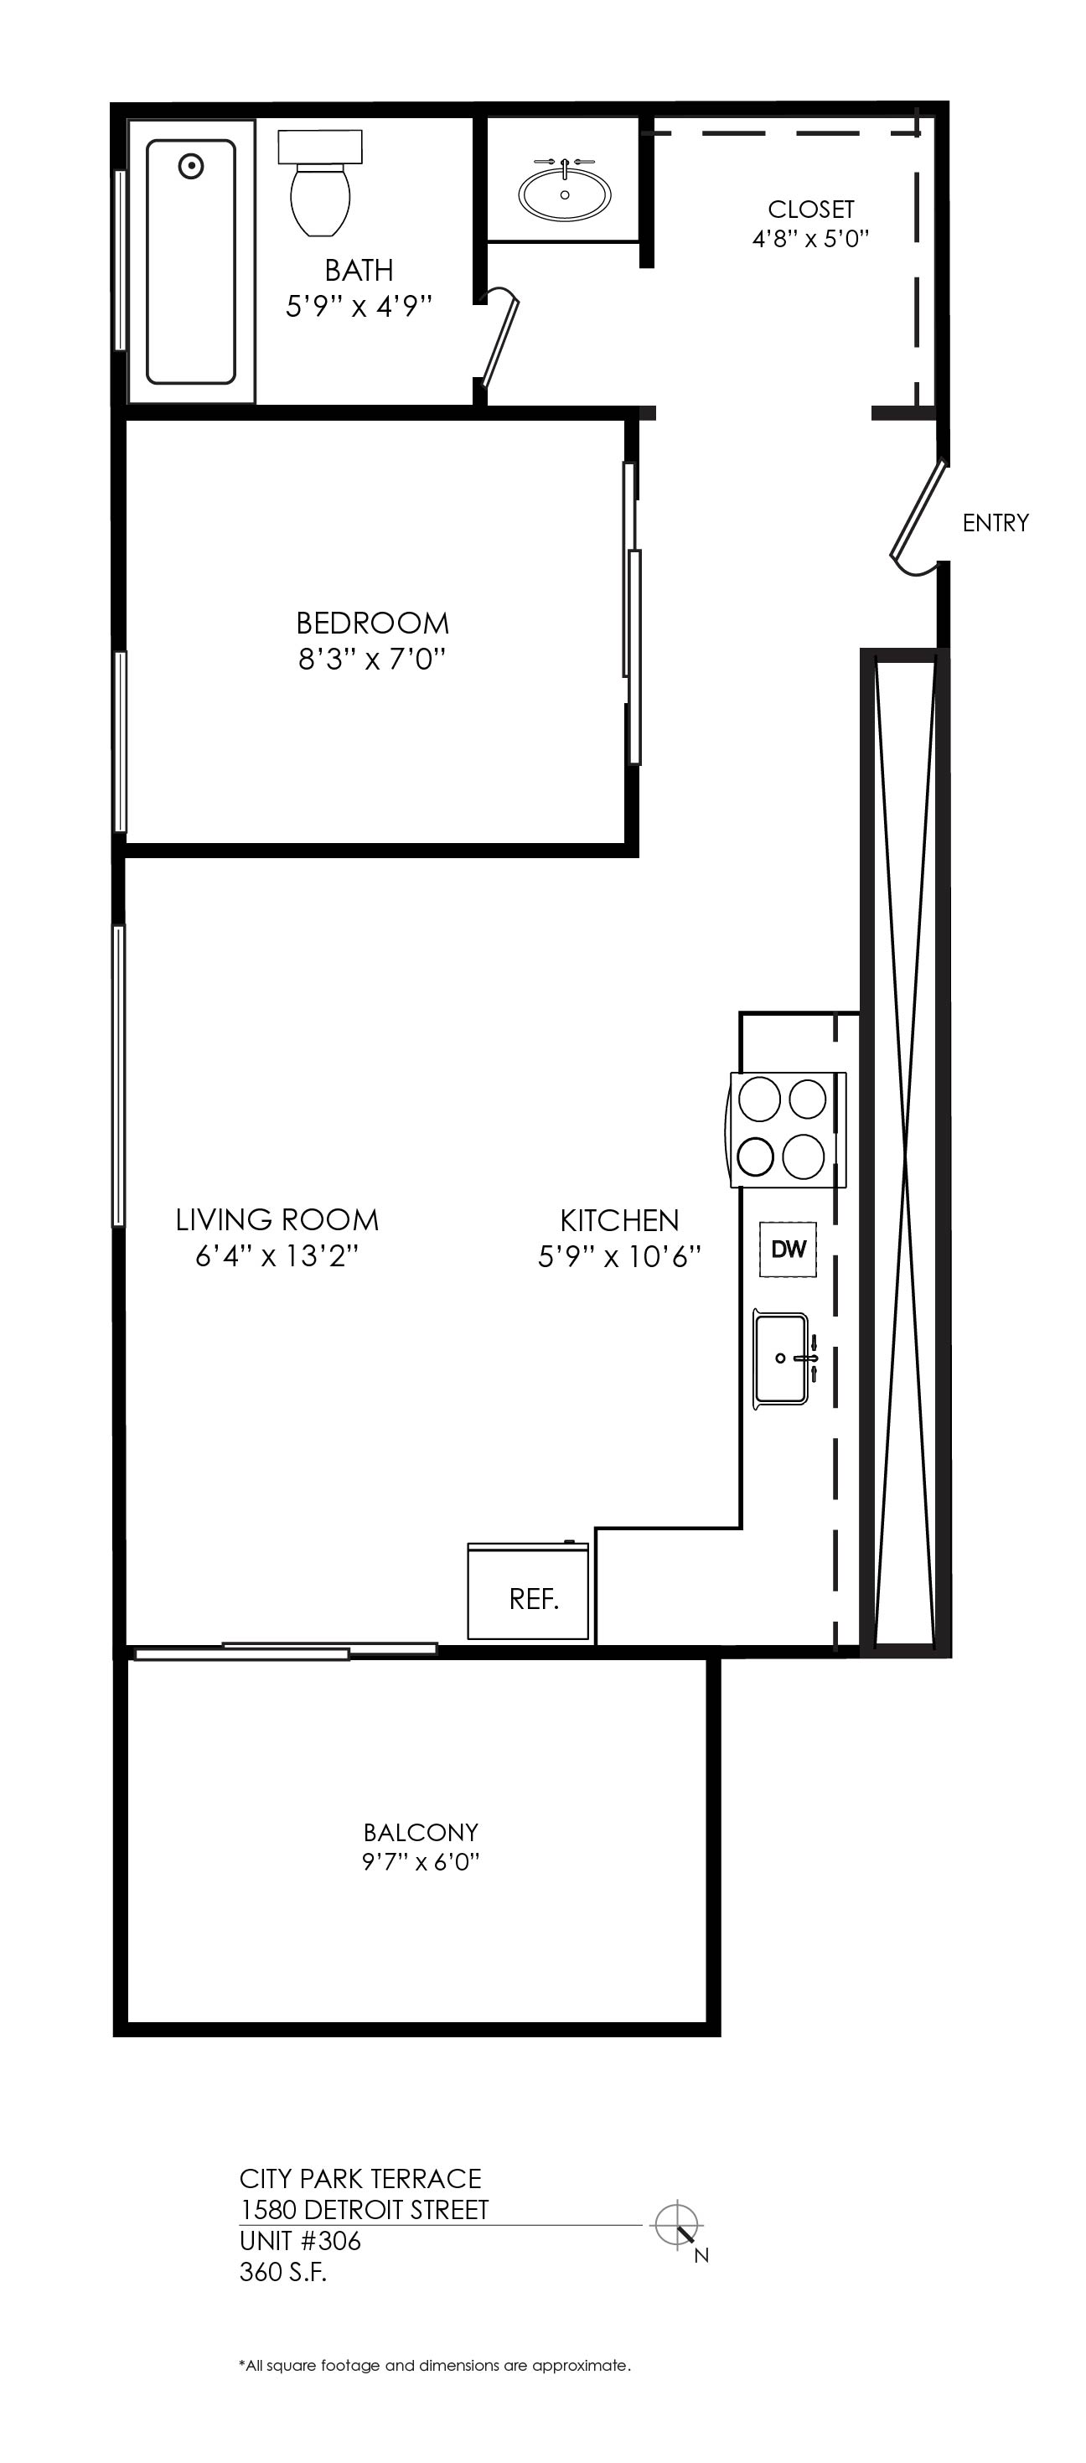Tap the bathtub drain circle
pyautogui.click(x=192, y=167)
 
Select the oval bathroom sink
pyautogui.click(x=564, y=190)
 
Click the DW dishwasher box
pyautogui.click(x=789, y=1249)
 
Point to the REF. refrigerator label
pyautogui.click(x=534, y=1600)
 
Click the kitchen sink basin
pyautogui.click(x=781, y=1358)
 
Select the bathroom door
pyautogui.click(x=501, y=338)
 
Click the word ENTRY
pyautogui.click(x=995, y=523)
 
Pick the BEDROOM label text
pyautogui.click(x=372, y=624)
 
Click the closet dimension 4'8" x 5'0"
pyautogui.click(x=810, y=238)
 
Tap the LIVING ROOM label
pyautogui.click(x=277, y=1220)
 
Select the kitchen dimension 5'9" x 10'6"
pyautogui.click(x=619, y=1255)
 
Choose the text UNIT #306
pyautogui.click(x=300, y=2241)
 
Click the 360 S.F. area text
pyautogui.click(x=283, y=2272)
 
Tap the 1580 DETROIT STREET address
pyautogui.click(x=365, y=2210)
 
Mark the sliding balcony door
pyautogui.click(x=286, y=1650)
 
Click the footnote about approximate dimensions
pyautogui.click(x=435, y=2366)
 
